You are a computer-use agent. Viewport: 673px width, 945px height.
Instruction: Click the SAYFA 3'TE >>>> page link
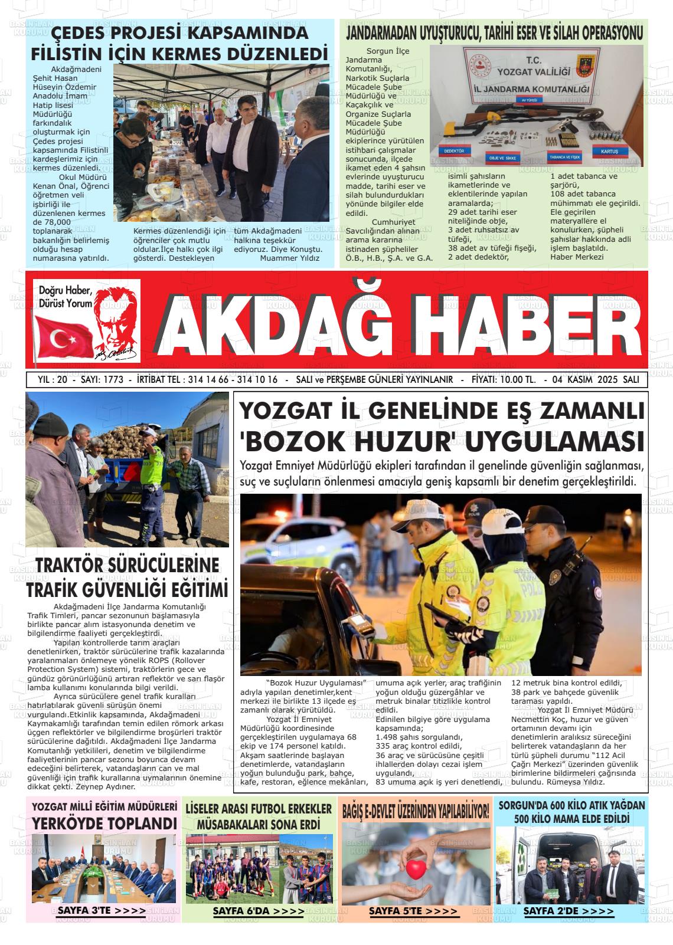[x=101, y=911]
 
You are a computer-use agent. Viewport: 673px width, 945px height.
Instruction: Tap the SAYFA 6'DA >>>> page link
[x=258, y=911]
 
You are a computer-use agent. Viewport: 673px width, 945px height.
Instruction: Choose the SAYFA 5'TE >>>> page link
[x=413, y=911]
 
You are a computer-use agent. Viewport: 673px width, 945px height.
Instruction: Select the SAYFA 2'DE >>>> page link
[x=568, y=911]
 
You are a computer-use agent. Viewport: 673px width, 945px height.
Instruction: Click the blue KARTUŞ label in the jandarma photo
[x=609, y=152]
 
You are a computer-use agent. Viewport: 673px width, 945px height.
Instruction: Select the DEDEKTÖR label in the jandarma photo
[x=454, y=152]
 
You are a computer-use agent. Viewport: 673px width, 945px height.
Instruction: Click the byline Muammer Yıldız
[x=289, y=258]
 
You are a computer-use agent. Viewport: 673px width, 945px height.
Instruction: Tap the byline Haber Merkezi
[x=577, y=257]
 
